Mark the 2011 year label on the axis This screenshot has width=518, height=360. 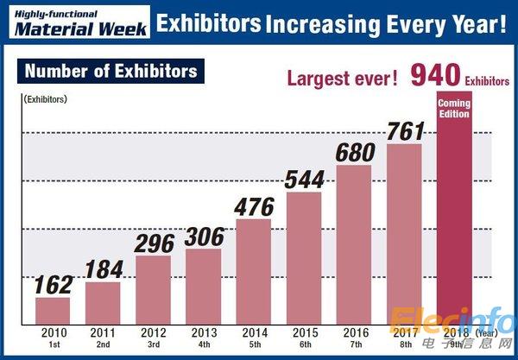coord(103,332)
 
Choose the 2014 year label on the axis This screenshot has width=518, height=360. coord(254,332)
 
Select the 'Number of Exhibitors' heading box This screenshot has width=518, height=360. coord(111,70)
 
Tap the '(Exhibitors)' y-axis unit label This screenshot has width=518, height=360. coord(45,100)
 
